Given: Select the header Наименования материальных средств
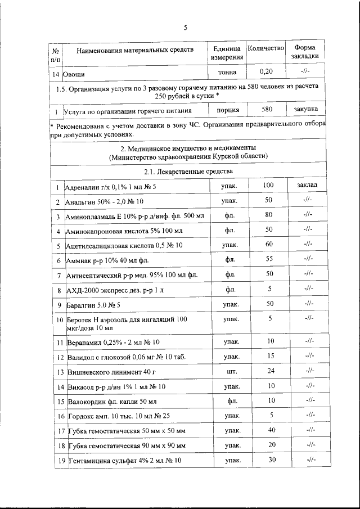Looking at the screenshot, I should coord(135,50).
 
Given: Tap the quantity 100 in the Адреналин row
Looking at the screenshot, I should coord(268,185).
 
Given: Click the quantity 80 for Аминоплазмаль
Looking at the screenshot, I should coord(268,214).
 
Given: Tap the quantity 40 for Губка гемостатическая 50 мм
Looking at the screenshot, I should coord(271,430).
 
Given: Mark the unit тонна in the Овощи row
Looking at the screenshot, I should coord(228,73).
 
